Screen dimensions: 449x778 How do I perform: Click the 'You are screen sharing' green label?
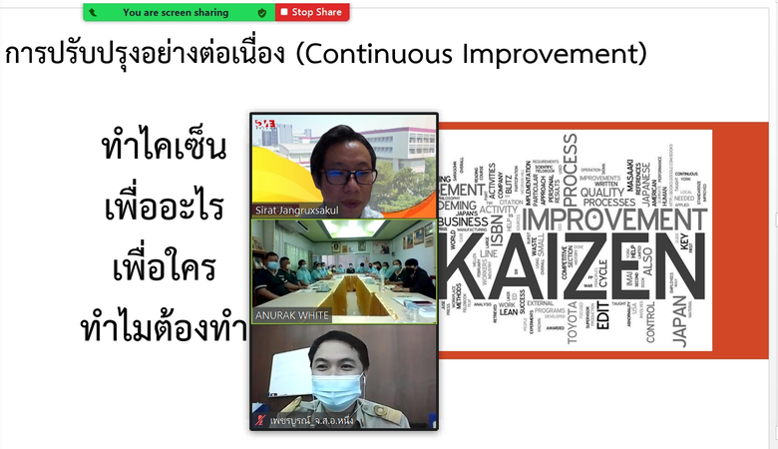point(175,12)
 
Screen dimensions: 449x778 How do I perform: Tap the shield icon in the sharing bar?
point(262,12)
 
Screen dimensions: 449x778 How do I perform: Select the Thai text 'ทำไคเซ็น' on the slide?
point(165,150)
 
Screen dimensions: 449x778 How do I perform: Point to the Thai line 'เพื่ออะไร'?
point(165,209)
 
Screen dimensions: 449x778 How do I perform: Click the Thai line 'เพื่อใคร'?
point(165,269)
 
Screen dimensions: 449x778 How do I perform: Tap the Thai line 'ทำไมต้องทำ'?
point(165,328)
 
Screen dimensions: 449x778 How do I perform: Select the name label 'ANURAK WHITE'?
point(294,316)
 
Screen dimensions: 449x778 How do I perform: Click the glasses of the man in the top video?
point(348,176)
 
